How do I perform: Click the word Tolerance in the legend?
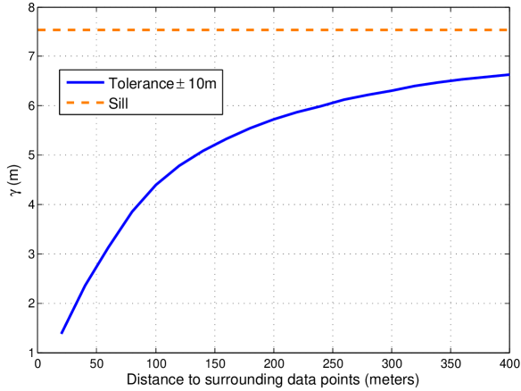(141, 84)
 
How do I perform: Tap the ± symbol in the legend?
(180, 84)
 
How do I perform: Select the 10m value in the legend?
(202, 84)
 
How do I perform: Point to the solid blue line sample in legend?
(86, 84)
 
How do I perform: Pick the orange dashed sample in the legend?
(86, 103)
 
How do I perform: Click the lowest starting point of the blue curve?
(62, 333)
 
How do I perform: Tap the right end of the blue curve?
(508, 75)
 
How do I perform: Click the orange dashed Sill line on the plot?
(268, 31)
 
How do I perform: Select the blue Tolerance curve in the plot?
(268, 120)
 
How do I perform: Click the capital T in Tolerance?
(112, 84)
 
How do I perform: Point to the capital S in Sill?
(112, 103)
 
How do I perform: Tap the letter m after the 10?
(211, 84)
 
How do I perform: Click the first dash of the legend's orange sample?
(70, 103)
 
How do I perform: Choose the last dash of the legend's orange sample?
(100, 103)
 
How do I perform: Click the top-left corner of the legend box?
(60, 70)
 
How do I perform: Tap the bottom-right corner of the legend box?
(222, 114)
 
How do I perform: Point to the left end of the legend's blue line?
(67, 84)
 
